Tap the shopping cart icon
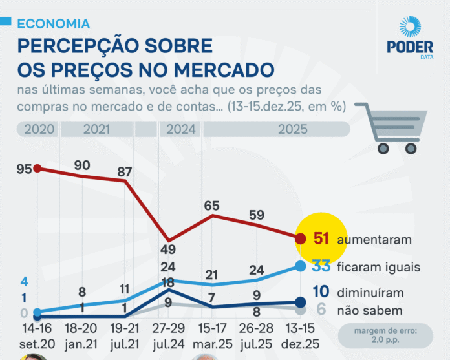pyautogui.click(x=391, y=129)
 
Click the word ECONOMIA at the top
pyautogui.click(x=54, y=24)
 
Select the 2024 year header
pyautogui.click(x=181, y=129)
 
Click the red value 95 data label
pyautogui.click(x=25, y=169)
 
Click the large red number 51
pyautogui.click(x=322, y=239)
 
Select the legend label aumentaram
pyautogui.click(x=375, y=240)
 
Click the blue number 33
pyautogui.click(x=322, y=266)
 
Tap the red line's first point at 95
pyautogui.click(x=37, y=169)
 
